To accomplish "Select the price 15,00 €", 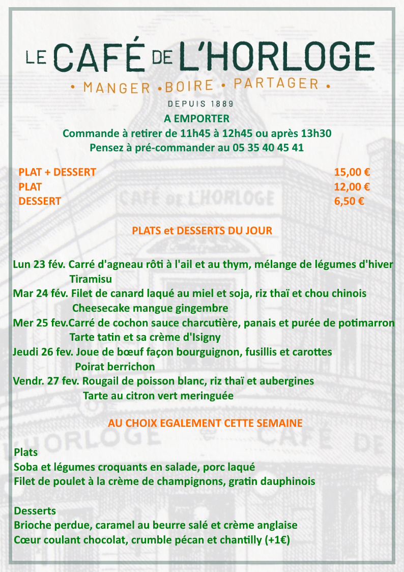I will pyautogui.click(x=352, y=172).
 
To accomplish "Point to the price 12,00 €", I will pyautogui.click(x=352, y=186).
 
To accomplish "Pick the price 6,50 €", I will pyautogui.click(x=349, y=201).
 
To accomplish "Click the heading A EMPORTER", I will pyautogui.click(x=196, y=119).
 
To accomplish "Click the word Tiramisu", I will pyautogui.click(x=91, y=279).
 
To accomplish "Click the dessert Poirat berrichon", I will pyautogui.click(x=115, y=366).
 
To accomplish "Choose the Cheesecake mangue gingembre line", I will pyautogui.click(x=150, y=308).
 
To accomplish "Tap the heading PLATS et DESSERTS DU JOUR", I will pyautogui.click(x=202, y=230).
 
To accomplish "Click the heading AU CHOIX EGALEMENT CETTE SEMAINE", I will pyautogui.click(x=205, y=423).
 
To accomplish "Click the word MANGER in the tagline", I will pyautogui.click(x=117, y=87).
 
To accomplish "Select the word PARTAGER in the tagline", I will pyautogui.click(x=276, y=84).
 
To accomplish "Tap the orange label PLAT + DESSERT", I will pyautogui.click(x=57, y=172).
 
